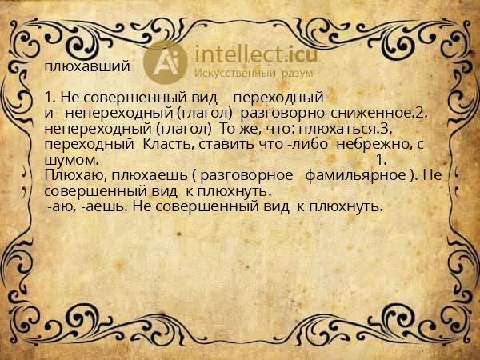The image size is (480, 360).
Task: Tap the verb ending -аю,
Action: (63, 206)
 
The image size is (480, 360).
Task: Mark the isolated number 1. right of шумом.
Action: (381, 160)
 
